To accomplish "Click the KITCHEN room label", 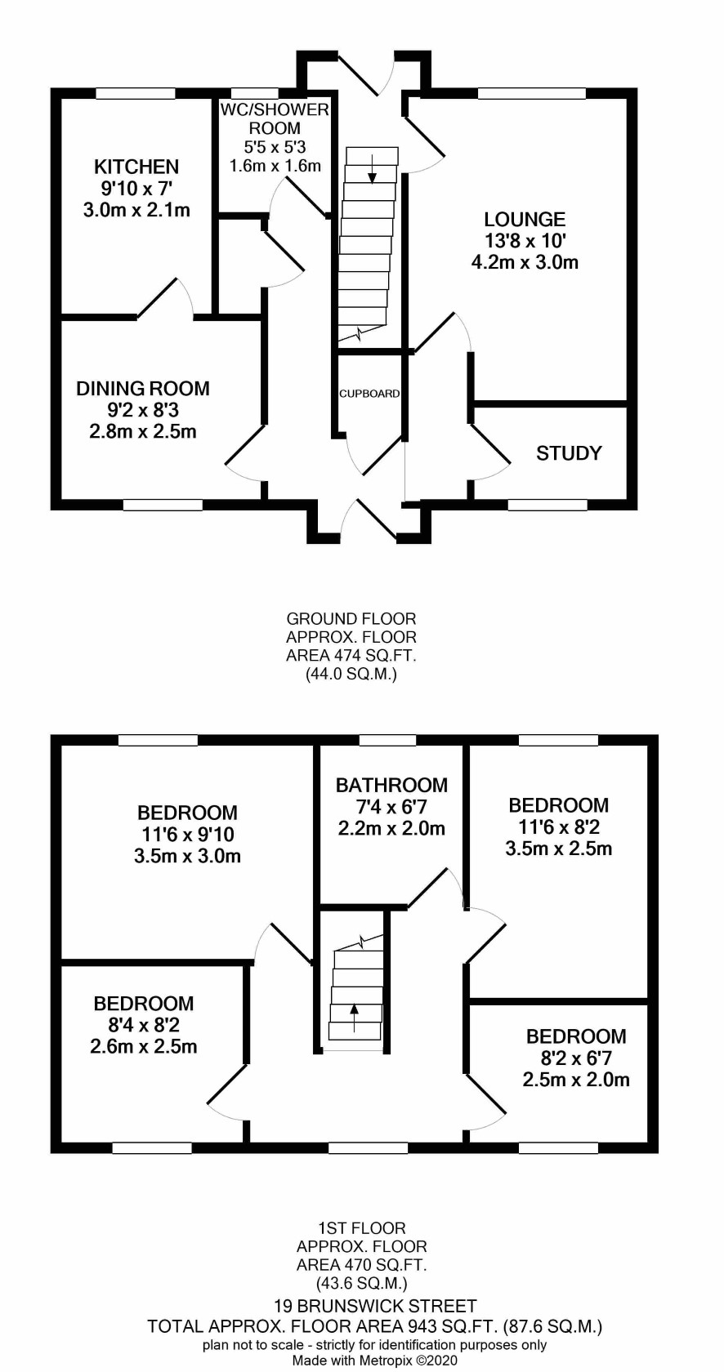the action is [136, 167].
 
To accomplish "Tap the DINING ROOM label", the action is [143, 389].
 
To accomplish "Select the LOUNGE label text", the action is [525, 219].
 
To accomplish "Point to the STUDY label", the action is [569, 453].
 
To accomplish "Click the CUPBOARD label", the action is [369, 394].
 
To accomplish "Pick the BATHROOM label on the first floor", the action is [391, 786].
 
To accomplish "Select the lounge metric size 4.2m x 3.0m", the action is [525, 263].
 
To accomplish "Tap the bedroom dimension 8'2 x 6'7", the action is [575, 1058].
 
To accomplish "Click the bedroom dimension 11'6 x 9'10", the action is [187, 835].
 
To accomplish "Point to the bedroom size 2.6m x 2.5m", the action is [144, 1046].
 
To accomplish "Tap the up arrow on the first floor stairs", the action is [354, 1018].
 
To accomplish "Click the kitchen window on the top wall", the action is [136, 93].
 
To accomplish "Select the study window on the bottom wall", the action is [548, 505].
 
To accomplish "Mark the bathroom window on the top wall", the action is [391, 740].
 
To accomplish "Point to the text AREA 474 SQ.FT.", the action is [351, 656].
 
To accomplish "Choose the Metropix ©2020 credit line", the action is [375, 1361].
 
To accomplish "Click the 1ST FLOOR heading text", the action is [362, 1228].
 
